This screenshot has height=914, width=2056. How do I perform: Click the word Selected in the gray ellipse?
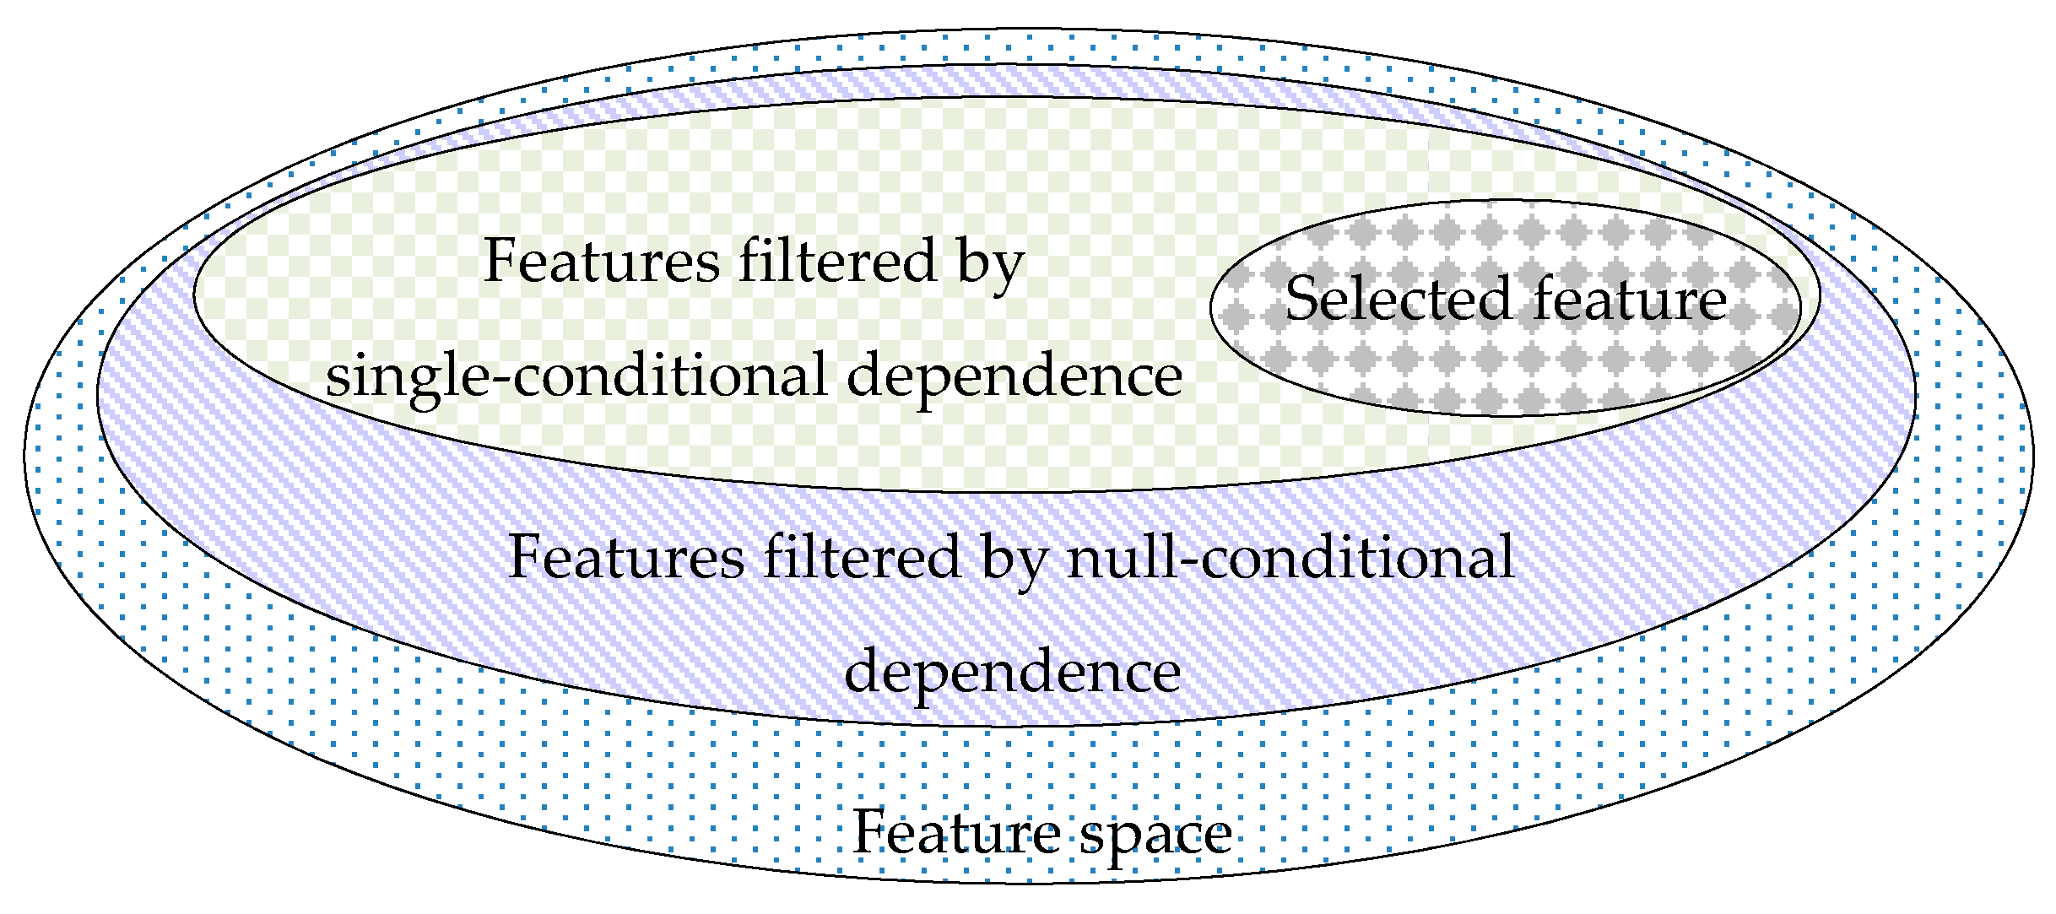click(1398, 299)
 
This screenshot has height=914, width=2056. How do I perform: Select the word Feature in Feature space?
click(957, 832)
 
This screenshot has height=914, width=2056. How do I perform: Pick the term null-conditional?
click(1290, 558)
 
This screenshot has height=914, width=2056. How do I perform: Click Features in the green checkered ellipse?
click(602, 261)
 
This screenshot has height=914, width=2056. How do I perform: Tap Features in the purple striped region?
click(627, 558)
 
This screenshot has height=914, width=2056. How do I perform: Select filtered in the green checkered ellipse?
click(838, 261)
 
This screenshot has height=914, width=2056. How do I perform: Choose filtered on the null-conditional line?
click(863, 558)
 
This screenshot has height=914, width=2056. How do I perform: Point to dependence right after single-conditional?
click(1014, 376)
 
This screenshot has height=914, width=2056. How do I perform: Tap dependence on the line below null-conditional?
click(1012, 673)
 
